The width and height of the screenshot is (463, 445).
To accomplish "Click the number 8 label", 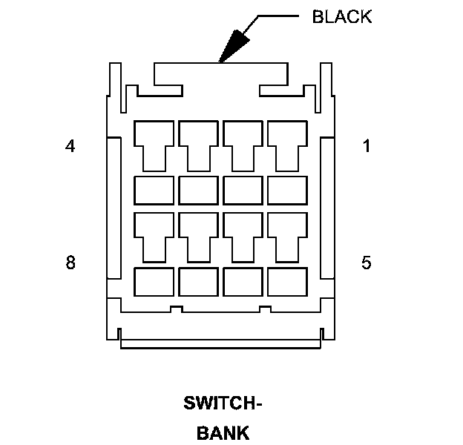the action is coord(70,263).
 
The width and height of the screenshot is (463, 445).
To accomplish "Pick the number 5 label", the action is coord(366,263).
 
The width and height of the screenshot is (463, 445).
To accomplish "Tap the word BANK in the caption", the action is coord(223,433).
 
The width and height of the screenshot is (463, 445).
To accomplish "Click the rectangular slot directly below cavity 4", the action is coord(154,190).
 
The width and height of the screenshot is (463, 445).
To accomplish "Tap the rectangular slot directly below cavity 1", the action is coord(287,190).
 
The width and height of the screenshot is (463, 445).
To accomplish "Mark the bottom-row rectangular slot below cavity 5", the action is coord(287,282).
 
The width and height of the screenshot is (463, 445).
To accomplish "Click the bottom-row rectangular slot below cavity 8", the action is coord(154,282).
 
